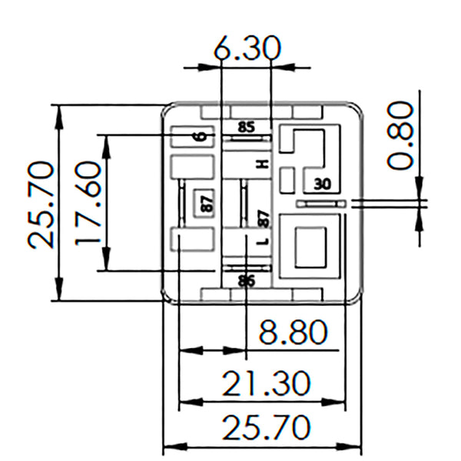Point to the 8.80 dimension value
click(293, 334)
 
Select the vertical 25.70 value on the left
click(41, 203)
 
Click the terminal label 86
click(247, 280)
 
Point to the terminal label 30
click(323, 184)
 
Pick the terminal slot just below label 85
click(247, 138)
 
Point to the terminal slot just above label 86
click(247, 267)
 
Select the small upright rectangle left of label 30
click(287, 179)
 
